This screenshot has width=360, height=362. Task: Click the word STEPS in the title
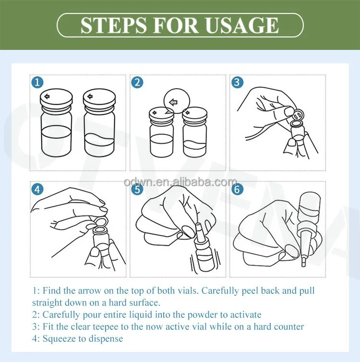click(114, 25)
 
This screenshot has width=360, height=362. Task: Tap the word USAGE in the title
click(242, 25)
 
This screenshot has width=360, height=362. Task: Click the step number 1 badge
click(37, 83)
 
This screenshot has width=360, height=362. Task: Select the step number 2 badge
click(137, 83)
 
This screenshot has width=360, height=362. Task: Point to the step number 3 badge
click(237, 83)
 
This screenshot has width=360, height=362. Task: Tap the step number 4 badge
click(37, 189)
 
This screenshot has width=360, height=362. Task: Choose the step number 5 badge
click(137, 189)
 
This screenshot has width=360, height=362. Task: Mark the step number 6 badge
click(237, 189)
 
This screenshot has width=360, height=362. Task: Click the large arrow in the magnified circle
click(173, 102)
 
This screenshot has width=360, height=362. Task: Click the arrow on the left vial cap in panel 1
click(47, 97)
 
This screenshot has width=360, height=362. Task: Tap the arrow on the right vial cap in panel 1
click(90, 97)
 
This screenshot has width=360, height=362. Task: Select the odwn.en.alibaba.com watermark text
click(180, 182)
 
